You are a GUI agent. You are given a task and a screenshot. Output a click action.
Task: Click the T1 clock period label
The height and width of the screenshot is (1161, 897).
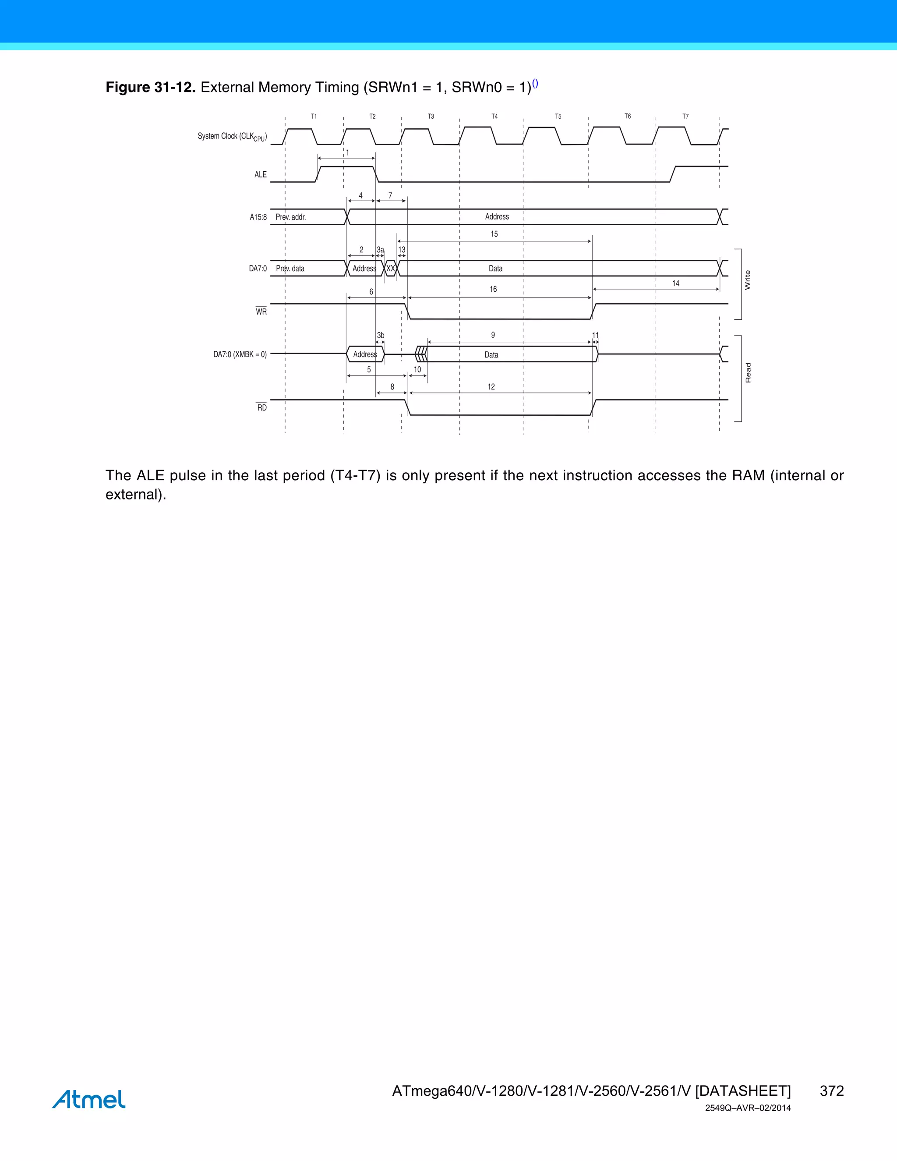314,117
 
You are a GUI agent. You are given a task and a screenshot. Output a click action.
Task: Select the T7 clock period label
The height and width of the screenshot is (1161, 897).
685,117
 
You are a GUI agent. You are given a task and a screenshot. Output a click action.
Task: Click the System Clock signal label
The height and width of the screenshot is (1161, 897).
232,137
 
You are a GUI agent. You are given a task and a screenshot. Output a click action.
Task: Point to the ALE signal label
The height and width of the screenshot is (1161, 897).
261,174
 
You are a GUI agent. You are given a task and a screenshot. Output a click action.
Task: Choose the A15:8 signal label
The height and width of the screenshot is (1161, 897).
258,217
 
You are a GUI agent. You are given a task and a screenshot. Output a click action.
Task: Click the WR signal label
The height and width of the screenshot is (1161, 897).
261,311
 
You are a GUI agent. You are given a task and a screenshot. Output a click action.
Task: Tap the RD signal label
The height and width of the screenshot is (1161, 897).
262,408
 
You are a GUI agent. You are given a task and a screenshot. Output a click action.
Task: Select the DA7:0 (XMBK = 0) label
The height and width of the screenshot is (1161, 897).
240,354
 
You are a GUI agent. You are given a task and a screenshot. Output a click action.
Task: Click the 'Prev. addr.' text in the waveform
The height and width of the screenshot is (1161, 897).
291,217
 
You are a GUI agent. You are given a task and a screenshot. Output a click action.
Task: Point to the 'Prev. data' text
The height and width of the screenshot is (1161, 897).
290,269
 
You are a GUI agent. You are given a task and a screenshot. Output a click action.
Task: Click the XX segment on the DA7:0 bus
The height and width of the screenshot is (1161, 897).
391,269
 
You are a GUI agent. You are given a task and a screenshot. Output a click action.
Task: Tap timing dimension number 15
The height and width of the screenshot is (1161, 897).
494,234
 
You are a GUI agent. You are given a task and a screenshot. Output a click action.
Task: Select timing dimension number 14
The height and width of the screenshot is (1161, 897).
675,283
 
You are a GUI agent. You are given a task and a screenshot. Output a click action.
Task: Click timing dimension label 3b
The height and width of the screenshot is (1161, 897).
381,336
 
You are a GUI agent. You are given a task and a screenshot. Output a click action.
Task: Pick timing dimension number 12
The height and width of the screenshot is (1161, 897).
491,387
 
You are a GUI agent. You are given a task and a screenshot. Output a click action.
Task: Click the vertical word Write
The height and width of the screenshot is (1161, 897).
748,280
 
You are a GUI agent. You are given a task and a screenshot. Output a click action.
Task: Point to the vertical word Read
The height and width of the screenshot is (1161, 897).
748,373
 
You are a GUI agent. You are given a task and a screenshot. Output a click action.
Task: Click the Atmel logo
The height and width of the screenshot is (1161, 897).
89,1099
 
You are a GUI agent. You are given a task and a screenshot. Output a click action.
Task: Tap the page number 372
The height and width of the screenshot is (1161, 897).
832,1091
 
